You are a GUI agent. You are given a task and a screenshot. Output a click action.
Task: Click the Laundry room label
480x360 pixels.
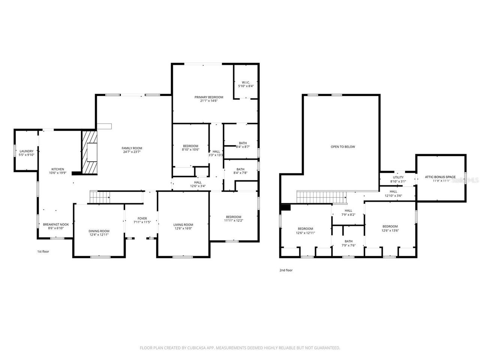(27, 151)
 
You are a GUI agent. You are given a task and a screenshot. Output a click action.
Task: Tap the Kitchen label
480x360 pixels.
(57, 169)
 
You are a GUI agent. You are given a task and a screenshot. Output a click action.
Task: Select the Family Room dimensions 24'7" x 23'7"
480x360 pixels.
(132, 152)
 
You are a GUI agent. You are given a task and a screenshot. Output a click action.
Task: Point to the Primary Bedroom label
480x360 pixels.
(208, 97)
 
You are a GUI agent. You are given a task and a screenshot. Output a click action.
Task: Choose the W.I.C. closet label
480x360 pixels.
(246, 82)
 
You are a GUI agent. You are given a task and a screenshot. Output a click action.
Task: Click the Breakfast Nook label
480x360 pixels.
(56, 224)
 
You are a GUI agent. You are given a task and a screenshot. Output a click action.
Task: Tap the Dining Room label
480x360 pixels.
(99, 231)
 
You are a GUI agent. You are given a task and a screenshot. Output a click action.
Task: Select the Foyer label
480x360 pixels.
(142, 218)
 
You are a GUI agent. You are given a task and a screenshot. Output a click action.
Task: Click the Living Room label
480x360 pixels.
(183, 225)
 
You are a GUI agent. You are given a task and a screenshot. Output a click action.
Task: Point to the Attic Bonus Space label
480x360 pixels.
(440, 177)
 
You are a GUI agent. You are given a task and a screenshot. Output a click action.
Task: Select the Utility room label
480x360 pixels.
(398, 177)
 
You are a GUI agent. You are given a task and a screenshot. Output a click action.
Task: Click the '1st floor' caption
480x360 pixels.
(43, 251)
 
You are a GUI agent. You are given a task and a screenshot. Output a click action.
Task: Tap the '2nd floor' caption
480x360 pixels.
(286, 270)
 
